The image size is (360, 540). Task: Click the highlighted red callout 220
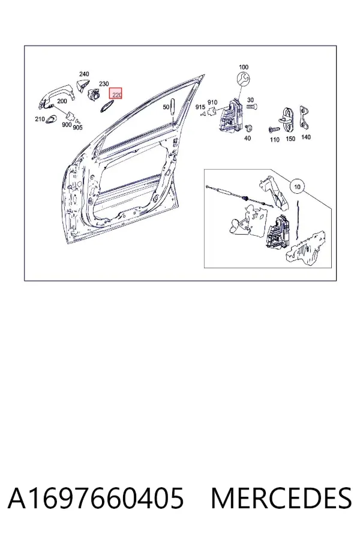coord(116,94)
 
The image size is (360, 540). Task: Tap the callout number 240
coord(84,74)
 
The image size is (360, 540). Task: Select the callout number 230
coord(104,83)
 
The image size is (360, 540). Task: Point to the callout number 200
coord(62,101)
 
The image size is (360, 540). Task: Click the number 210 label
coord(40,119)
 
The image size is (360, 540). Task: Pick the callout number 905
coord(77,127)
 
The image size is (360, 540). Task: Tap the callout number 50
coord(166,107)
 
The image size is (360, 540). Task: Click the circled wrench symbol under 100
coord(243,79)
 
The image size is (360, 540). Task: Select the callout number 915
coord(200,107)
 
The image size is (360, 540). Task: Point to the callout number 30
coord(250,100)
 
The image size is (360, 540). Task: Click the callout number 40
coord(247,139)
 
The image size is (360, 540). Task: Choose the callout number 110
coord(275,139)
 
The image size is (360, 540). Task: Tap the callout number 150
coord(290,139)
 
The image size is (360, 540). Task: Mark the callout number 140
coord(305,137)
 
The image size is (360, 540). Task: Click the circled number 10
coord(298,187)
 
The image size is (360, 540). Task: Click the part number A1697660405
coord(96,498)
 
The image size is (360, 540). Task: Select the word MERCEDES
coord(281,498)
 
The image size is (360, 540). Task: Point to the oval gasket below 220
coord(106,107)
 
